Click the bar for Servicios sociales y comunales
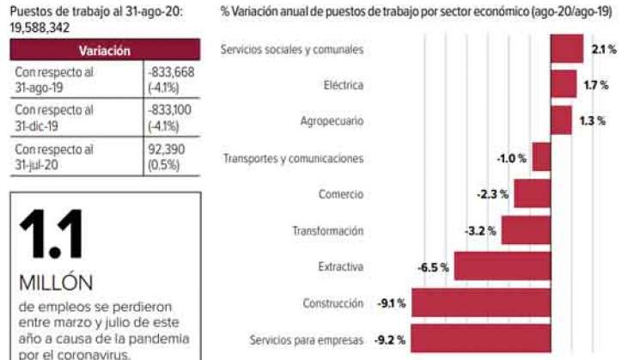point(566,49)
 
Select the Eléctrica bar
point(563,85)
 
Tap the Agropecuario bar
point(560,121)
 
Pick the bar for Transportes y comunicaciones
point(541,158)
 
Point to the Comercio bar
point(532,194)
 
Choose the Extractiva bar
point(502,267)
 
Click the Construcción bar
point(481,303)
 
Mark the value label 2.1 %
point(604,50)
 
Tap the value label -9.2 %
point(391,340)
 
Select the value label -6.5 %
point(433,267)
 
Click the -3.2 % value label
point(480,231)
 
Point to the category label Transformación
point(327,231)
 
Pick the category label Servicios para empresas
point(307,340)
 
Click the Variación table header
point(105,52)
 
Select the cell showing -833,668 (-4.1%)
point(171,80)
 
